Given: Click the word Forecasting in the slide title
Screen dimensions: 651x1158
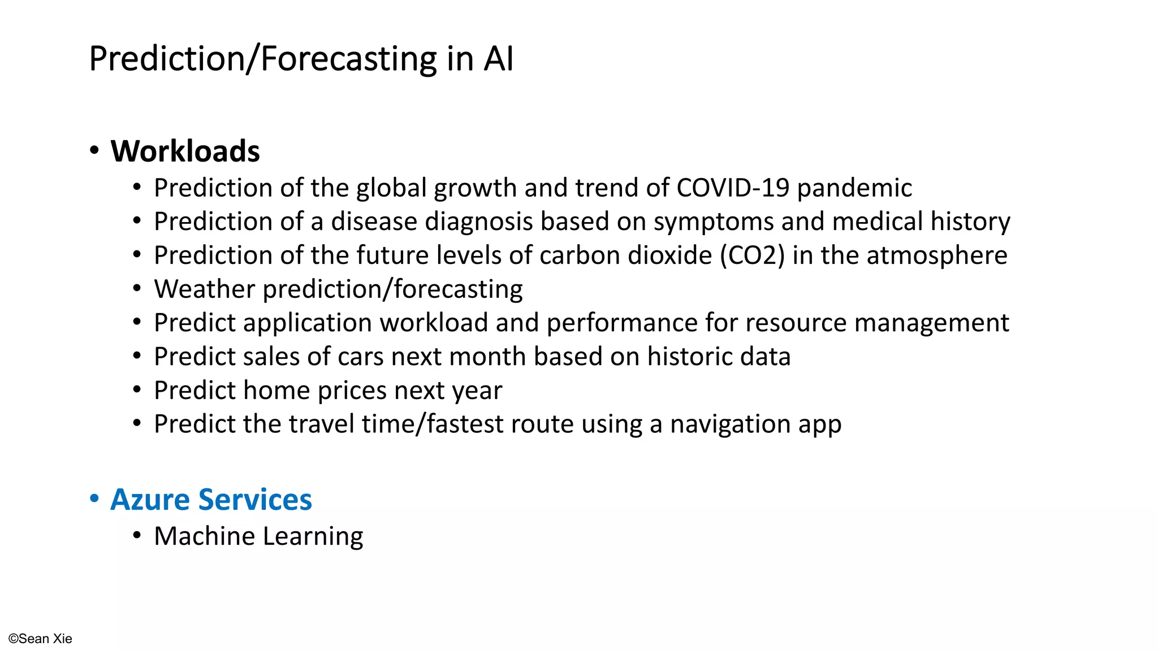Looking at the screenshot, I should [x=349, y=59].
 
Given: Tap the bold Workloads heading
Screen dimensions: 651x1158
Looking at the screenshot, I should [x=185, y=151].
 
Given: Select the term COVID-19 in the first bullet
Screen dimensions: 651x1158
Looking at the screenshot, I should [x=732, y=188].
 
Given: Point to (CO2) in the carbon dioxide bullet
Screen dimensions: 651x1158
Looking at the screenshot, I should [x=752, y=255].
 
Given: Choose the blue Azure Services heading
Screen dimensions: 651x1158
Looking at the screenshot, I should [x=211, y=500].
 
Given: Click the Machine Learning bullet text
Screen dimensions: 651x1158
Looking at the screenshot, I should [x=258, y=536].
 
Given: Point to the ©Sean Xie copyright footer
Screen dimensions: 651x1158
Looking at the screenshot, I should [x=40, y=639].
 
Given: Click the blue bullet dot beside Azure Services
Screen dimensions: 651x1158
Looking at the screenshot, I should [x=94, y=499].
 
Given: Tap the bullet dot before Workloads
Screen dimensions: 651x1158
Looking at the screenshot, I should [x=94, y=151].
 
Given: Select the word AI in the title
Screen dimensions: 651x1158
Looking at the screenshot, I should [x=498, y=59].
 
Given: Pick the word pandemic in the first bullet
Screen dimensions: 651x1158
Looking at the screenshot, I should [x=854, y=188].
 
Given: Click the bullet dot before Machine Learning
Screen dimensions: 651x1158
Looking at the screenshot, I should [x=137, y=536].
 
